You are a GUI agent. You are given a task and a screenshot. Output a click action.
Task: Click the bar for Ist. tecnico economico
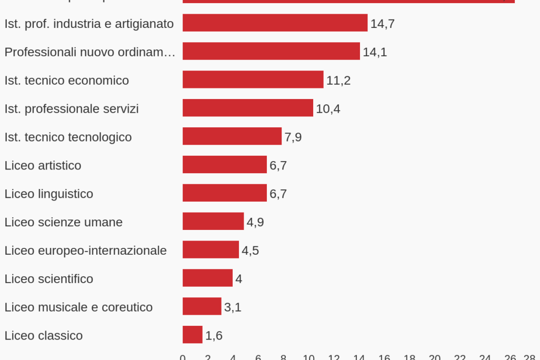253,79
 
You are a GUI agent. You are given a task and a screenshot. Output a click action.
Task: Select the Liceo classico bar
192,335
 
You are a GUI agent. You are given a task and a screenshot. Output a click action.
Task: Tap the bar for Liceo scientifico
207,278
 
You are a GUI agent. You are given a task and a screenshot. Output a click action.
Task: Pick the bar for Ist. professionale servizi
247,108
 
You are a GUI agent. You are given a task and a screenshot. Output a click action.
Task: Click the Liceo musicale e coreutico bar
202,306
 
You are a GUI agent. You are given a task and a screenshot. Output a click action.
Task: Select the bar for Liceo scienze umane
213,221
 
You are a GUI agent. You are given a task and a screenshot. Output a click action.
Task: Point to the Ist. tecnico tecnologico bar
232,136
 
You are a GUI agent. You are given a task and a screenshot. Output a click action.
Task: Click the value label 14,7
383,24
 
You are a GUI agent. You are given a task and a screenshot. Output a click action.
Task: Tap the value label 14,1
375,52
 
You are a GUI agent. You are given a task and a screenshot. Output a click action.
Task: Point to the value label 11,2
338,81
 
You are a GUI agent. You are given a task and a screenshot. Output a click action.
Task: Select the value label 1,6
214,336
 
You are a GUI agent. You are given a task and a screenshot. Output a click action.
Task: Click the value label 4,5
250,251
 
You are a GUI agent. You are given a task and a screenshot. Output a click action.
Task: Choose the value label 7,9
293,137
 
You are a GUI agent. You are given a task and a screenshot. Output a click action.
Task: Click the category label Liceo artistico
43,165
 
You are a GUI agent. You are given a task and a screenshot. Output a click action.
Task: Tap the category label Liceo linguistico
48,194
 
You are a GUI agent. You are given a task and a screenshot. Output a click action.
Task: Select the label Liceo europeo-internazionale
85,251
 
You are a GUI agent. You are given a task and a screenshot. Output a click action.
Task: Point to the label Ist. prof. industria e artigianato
89,24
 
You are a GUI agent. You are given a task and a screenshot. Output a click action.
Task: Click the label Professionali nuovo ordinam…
89,52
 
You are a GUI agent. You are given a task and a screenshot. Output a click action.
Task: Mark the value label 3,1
233,307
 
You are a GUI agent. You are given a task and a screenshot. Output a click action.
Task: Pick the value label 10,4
328,109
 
